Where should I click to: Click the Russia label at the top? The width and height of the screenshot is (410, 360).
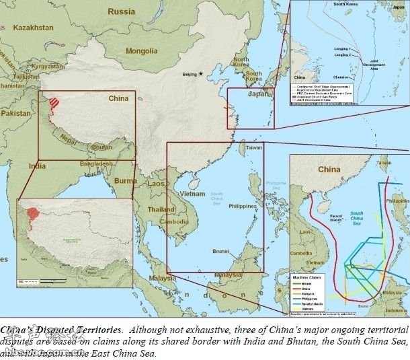click(x=121, y=11)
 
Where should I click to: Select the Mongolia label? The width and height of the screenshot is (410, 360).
click(x=142, y=50)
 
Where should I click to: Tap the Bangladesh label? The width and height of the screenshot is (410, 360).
click(x=94, y=164)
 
